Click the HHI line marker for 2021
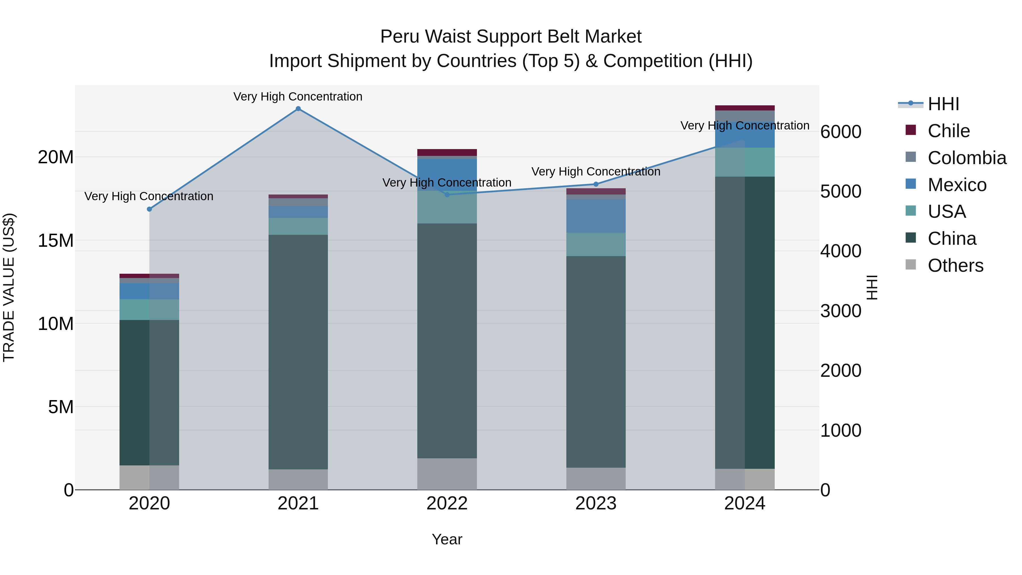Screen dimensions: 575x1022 298,109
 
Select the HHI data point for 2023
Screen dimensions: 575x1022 596,184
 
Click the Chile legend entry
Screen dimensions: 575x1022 948,131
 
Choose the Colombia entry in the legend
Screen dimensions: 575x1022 966,158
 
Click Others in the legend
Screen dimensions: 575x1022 955,265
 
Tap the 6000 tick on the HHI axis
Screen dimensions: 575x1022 841,132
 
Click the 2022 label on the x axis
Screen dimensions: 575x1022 447,503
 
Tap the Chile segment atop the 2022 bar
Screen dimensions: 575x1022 447,152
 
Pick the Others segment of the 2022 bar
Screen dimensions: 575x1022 447,474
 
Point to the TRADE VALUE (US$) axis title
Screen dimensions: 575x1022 9,287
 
